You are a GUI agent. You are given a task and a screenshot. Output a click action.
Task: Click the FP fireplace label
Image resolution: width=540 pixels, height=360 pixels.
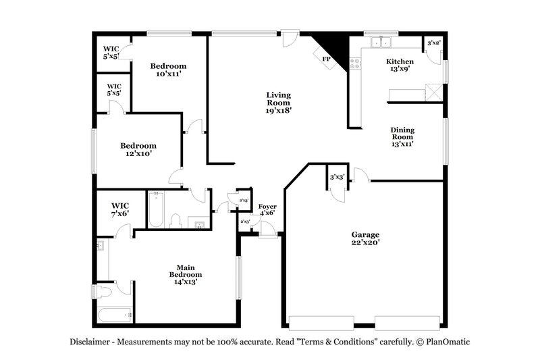(x=326, y=59)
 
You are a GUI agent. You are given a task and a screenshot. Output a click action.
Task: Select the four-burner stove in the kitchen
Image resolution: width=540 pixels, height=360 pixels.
(x=355, y=63)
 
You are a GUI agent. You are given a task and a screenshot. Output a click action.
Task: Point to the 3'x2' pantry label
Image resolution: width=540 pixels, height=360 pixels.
(x=434, y=43)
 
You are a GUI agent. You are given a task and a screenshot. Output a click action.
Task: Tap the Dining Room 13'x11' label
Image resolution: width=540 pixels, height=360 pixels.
(x=402, y=136)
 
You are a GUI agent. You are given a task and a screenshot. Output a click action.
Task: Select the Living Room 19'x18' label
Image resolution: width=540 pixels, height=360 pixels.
(x=277, y=103)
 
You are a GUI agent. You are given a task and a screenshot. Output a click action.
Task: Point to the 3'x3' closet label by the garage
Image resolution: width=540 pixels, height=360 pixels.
(x=337, y=177)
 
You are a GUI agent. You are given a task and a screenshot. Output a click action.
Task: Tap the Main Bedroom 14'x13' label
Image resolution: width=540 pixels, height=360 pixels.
(x=186, y=274)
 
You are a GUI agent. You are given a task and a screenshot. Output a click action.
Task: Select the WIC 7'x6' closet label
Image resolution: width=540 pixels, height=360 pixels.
(x=120, y=209)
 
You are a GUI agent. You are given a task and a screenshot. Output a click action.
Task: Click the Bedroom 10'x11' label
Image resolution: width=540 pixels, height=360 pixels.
(x=168, y=70)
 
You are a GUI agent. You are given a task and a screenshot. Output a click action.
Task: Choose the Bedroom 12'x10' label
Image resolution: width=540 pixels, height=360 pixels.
(x=138, y=149)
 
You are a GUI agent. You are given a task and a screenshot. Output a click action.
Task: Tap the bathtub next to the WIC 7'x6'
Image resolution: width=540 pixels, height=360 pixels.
(x=156, y=210)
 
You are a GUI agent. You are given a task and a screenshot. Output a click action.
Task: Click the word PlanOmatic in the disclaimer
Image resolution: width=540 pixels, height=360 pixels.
(x=445, y=342)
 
